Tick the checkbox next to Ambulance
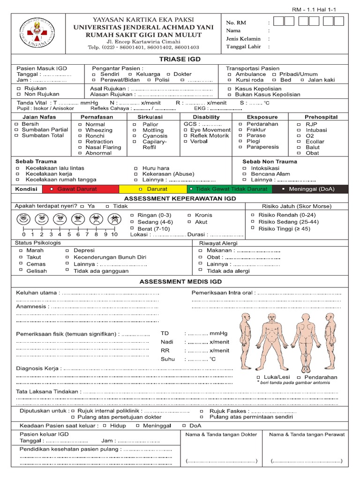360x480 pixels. coord(229,75)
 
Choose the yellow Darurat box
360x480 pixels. coord(153,189)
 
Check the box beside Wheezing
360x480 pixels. coord(80,130)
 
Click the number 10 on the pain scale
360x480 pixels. coord(114,234)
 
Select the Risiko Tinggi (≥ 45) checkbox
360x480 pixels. coord(253,228)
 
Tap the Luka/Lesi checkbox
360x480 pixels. coord(259,377)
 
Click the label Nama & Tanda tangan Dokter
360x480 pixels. coord(221,434)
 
